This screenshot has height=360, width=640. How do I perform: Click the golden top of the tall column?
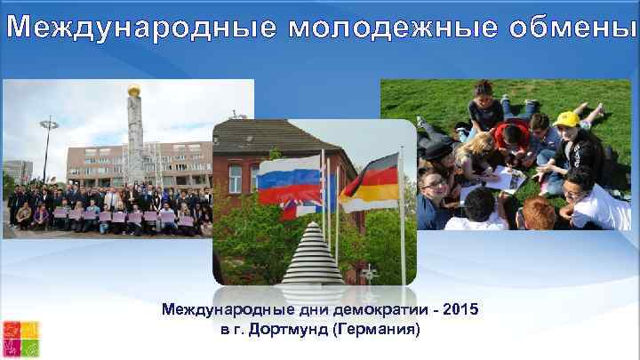tap(136, 90)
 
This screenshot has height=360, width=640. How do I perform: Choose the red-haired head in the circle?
tap(538, 212)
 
